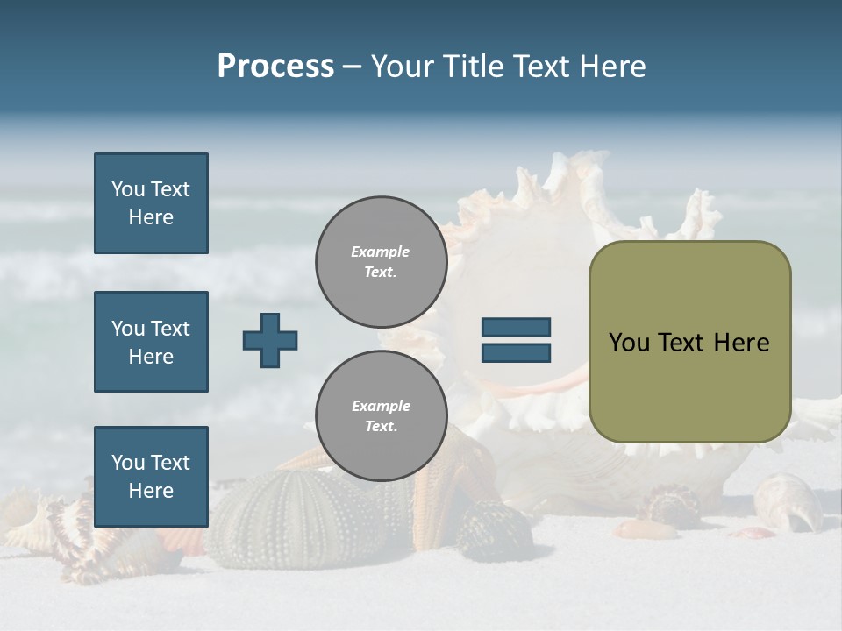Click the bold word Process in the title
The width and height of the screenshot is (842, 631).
275,67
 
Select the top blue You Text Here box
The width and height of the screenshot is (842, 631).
151,203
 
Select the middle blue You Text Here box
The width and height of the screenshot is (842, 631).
151,342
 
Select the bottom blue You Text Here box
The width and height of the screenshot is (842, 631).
151,477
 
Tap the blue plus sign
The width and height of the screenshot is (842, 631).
270,340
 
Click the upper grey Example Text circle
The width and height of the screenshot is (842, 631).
381,261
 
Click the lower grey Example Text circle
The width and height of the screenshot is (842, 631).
381,415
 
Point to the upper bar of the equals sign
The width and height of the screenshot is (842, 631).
516,328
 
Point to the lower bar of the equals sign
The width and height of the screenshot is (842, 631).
516,353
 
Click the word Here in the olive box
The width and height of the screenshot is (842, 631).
741,343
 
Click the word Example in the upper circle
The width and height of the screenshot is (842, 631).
381,252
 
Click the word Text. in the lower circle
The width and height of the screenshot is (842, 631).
381,426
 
